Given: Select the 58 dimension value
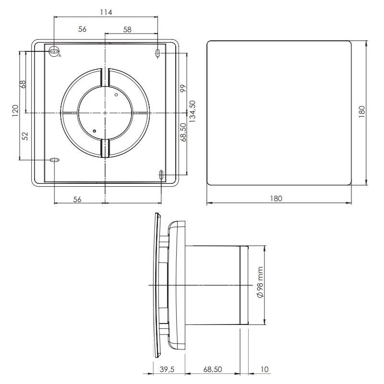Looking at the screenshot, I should [x=127, y=29].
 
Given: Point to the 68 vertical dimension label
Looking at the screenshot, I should [x=23, y=84].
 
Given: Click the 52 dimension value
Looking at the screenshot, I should [x=25, y=136].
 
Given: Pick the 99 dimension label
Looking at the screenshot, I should [x=183, y=89].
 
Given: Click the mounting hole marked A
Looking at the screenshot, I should [x=54, y=50].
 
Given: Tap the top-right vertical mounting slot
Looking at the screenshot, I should [x=158, y=53].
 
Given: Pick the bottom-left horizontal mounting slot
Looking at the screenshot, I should [x=54, y=160].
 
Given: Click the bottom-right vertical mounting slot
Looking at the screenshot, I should [x=161, y=174].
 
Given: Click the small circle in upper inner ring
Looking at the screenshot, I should [x=116, y=96].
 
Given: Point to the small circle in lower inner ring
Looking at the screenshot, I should [x=95, y=131].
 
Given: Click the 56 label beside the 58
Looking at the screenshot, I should [x=82, y=29].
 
